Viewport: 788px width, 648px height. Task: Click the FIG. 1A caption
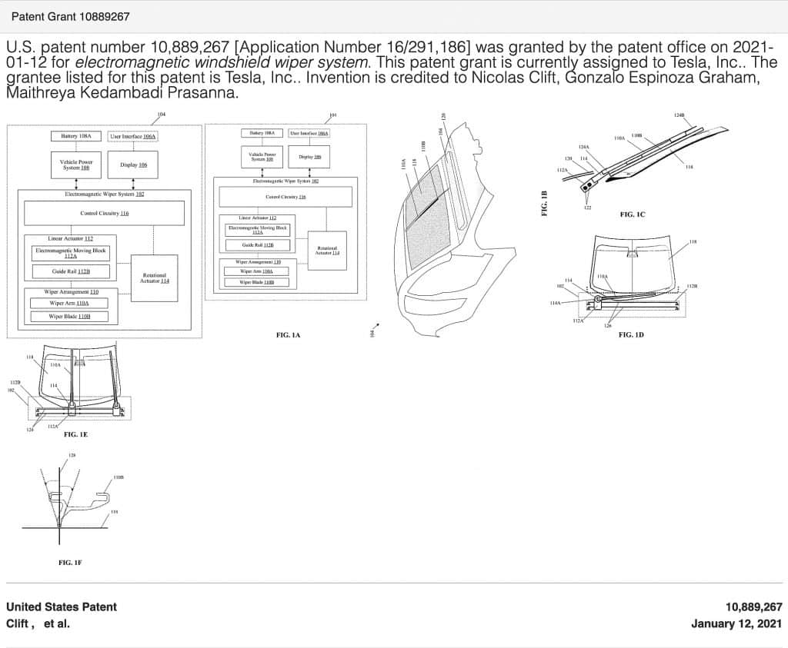(288, 335)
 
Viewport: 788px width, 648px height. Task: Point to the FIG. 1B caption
(544, 203)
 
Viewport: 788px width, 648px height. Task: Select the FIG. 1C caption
(632, 214)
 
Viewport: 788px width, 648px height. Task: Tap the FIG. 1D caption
(631, 335)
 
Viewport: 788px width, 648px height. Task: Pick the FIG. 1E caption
(75, 434)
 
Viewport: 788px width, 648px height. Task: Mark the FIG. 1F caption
(70, 563)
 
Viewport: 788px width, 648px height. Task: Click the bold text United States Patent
(62, 606)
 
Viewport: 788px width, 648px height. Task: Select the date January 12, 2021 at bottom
(736, 623)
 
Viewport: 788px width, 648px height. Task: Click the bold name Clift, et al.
(38, 623)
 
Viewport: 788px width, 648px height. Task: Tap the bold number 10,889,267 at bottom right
(753, 606)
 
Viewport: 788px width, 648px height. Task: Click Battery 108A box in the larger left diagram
(76, 136)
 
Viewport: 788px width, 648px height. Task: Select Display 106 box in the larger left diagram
(134, 164)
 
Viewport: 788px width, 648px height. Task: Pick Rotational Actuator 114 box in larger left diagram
(155, 277)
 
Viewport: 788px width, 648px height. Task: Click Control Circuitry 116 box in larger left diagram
(104, 213)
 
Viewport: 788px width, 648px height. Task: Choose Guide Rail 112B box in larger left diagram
(70, 271)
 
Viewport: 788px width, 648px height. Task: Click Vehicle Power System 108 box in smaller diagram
(262, 157)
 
